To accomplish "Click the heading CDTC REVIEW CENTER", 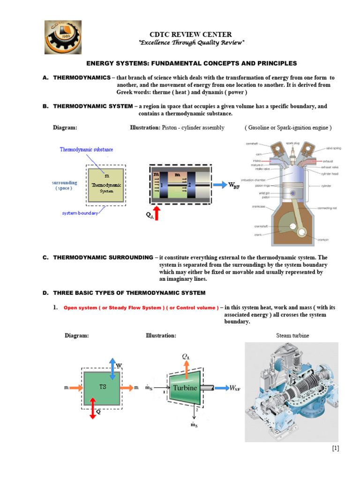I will tap(190, 34).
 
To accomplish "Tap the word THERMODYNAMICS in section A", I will tap(82, 77).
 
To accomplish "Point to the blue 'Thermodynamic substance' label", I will tap(86, 150).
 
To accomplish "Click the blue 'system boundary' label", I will tap(80, 213).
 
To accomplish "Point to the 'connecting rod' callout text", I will tap(331, 208).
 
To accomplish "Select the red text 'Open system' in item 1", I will tap(81, 308).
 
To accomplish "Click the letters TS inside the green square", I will tap(103, 387).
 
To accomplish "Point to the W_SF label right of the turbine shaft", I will tap(234, 388).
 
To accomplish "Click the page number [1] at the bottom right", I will tap(335, 448).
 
